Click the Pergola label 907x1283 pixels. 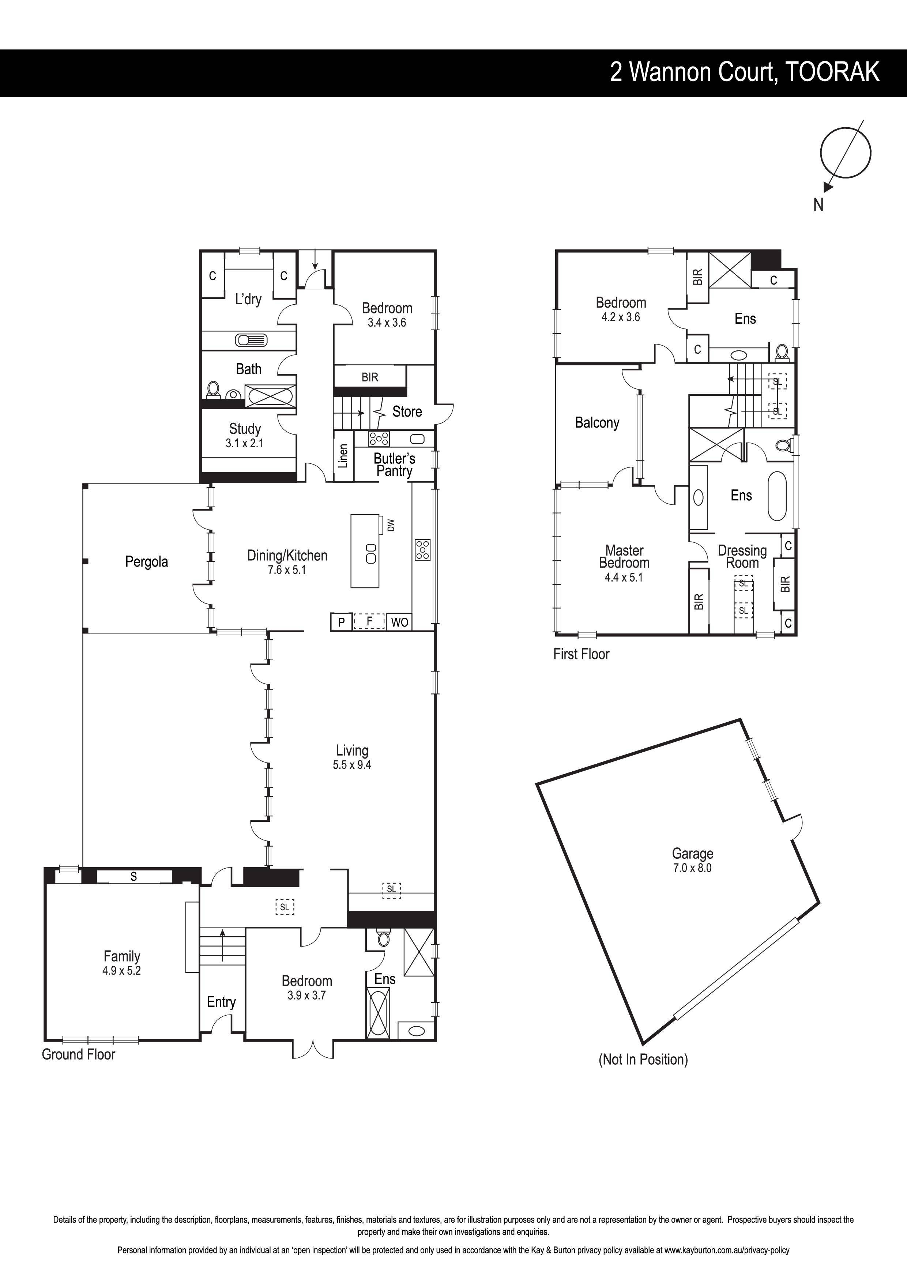[x=146, y=562]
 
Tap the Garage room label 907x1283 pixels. [x=692, y=853]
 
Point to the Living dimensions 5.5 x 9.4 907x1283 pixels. [x=352, y=765]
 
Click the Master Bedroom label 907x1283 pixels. [x=624, y=557]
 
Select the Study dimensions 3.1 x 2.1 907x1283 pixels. [x=244, y=443]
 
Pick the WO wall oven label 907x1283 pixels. [x=400, y=622]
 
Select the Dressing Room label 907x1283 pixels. [x=742, y=557]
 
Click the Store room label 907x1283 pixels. [x=407, y=412]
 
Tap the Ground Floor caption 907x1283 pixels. [x=78, y=1054]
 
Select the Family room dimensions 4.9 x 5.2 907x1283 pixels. [x=121, y=971]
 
